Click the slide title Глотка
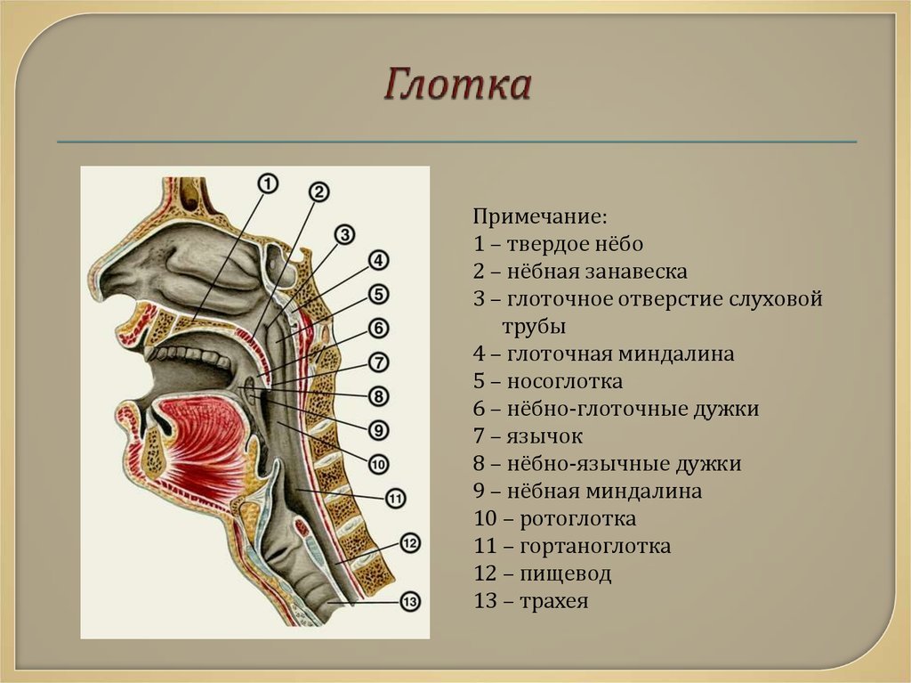pyautogui.click(x=457, y=85)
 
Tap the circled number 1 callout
pyautogui.click(x=268, y=183)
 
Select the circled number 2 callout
pyautogui.click(x=319, y=192)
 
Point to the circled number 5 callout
pyautogui.click(x=378, y=295)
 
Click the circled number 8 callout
pyautogui.click(x=378, y=396)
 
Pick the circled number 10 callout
pyautogui.click(x=378, y=464)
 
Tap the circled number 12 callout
pyautogui.click(x=410, y=543)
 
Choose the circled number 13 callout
pyautogui.click(x=410, y=601)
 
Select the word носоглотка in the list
pyautogui.click(x=565, y=382)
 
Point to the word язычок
pyautogui.click(x=545, y=436)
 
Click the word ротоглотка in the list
pyautogui.click(x=578, y=519)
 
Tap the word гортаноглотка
pyautogui.click(x=595, y=546)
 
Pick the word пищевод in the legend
pyautogui.click(x=565, y=574)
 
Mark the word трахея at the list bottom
pyautogui.click(x=554, y=602)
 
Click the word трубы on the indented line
pyautogui.click(x=534, y=327)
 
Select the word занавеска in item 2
pyautogui.click(x=636, y=272)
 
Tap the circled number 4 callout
pyautogui.click(x=378, y=261)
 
